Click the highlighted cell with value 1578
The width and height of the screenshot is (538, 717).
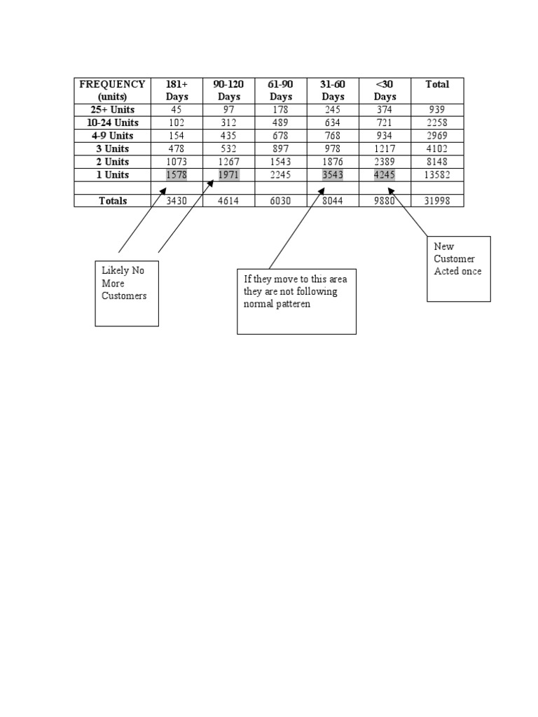click(177, 175)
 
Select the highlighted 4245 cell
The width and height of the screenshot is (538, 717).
click(385, 175)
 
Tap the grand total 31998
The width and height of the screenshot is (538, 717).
click(437, 201)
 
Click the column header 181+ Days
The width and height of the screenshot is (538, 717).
click(177, 90)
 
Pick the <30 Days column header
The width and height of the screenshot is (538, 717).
click(385, 90)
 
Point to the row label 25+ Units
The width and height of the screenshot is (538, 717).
click(112, 110)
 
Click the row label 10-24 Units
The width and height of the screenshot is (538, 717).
click(112, 123)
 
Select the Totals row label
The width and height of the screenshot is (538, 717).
click(112, 201)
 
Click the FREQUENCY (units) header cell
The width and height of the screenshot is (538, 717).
click(112, 90)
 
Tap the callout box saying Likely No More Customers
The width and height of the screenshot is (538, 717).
click(127, 293)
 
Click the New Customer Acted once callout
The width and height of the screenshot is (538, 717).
click(458, 269)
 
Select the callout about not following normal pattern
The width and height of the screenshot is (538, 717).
click(296, 301)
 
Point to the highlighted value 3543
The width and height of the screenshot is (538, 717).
click(333, 175)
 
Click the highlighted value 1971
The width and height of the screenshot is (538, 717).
click(228, 175)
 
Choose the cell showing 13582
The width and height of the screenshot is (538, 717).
click(437, 175)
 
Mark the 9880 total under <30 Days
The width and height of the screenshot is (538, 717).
click(385, 201)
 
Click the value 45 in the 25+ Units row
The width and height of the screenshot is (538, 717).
click(177, 110)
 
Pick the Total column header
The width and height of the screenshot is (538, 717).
click(437, 85)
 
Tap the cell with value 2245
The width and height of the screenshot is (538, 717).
click(281, 175)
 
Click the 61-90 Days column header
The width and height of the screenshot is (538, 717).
click(281, 90)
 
